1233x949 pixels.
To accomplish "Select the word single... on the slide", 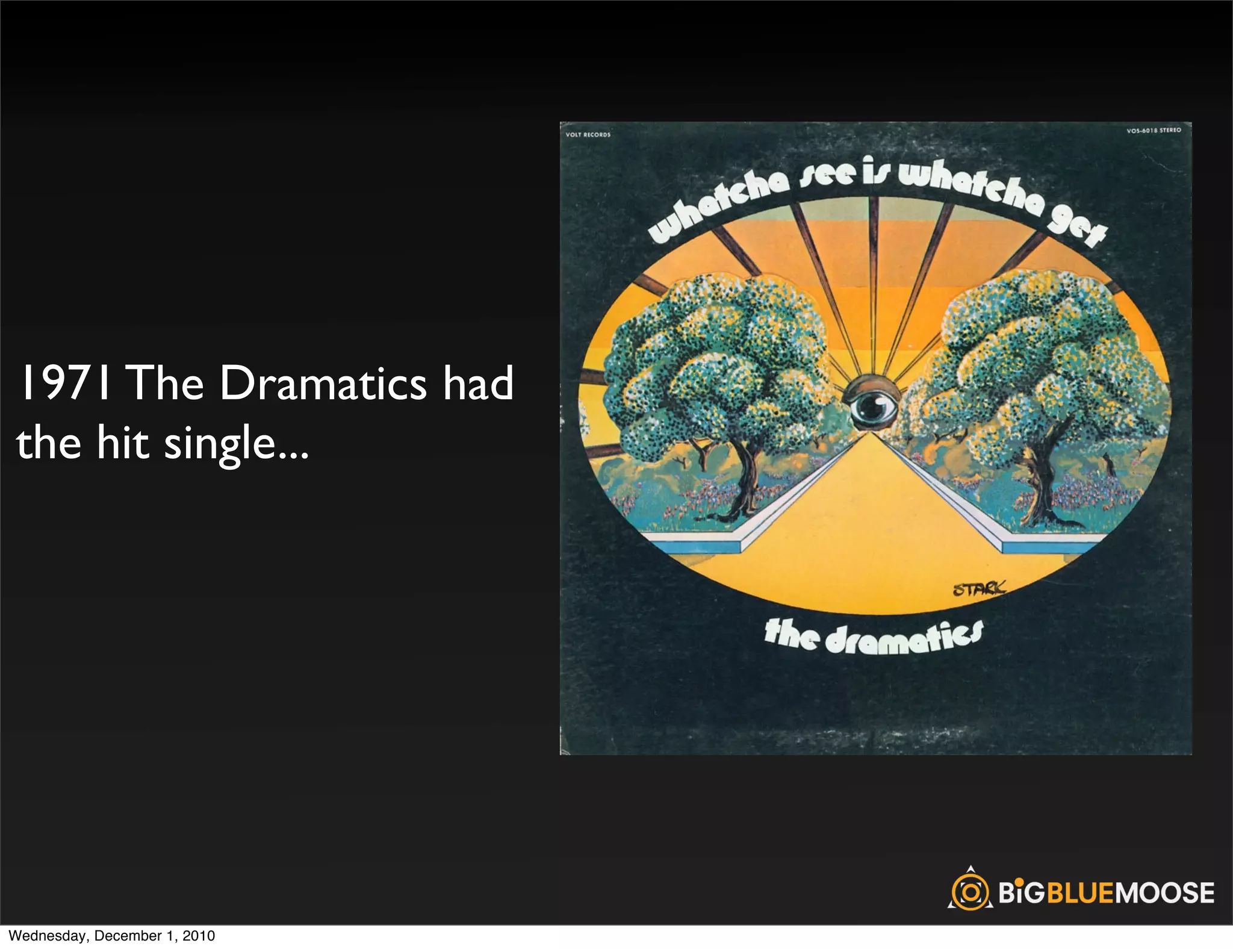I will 237,444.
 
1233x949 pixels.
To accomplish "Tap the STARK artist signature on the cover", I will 978,588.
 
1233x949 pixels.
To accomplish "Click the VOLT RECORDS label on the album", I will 588,135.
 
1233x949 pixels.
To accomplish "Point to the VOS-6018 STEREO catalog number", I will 1154,130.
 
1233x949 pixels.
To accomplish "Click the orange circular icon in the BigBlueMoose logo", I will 970,892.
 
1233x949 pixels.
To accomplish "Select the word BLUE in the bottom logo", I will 1081,892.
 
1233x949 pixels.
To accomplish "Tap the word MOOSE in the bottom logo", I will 1165,892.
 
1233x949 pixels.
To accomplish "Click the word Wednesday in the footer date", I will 48,936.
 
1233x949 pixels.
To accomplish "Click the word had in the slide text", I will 479,383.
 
